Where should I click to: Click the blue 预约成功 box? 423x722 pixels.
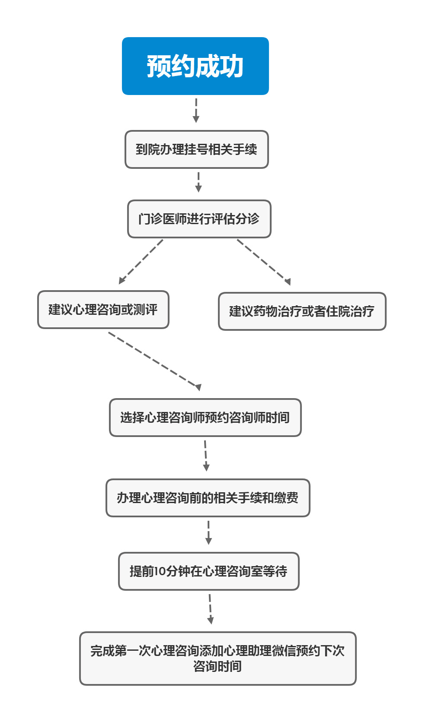point(195,66)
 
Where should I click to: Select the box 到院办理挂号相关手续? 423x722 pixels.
point(196,149)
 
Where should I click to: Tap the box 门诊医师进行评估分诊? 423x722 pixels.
point(199,219)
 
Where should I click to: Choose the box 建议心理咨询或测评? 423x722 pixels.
point(103,310)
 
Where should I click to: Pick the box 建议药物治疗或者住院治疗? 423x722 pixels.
point(302,311)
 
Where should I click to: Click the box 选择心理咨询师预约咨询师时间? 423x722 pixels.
point(205,418)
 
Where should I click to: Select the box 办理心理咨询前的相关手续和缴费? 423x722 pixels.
point(208,498)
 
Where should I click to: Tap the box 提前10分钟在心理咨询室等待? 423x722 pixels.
point(208,571)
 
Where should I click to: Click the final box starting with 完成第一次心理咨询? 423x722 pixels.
point(218,659)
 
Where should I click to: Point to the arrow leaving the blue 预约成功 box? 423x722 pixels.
point(196,110)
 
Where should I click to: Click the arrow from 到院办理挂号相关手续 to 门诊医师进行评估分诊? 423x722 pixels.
point(199,182)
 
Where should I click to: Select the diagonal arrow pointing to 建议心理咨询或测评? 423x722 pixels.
point(141,262)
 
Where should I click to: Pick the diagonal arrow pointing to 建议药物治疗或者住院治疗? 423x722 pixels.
point(264,262)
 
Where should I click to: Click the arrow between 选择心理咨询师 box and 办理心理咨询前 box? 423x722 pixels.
point(206,456)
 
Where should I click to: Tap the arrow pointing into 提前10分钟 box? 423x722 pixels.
point(208,532)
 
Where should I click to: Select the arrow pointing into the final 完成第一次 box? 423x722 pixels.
point(210,609)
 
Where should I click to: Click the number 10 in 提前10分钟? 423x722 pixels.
point(160,571)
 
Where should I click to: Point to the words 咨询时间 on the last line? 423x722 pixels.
point(218,666)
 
